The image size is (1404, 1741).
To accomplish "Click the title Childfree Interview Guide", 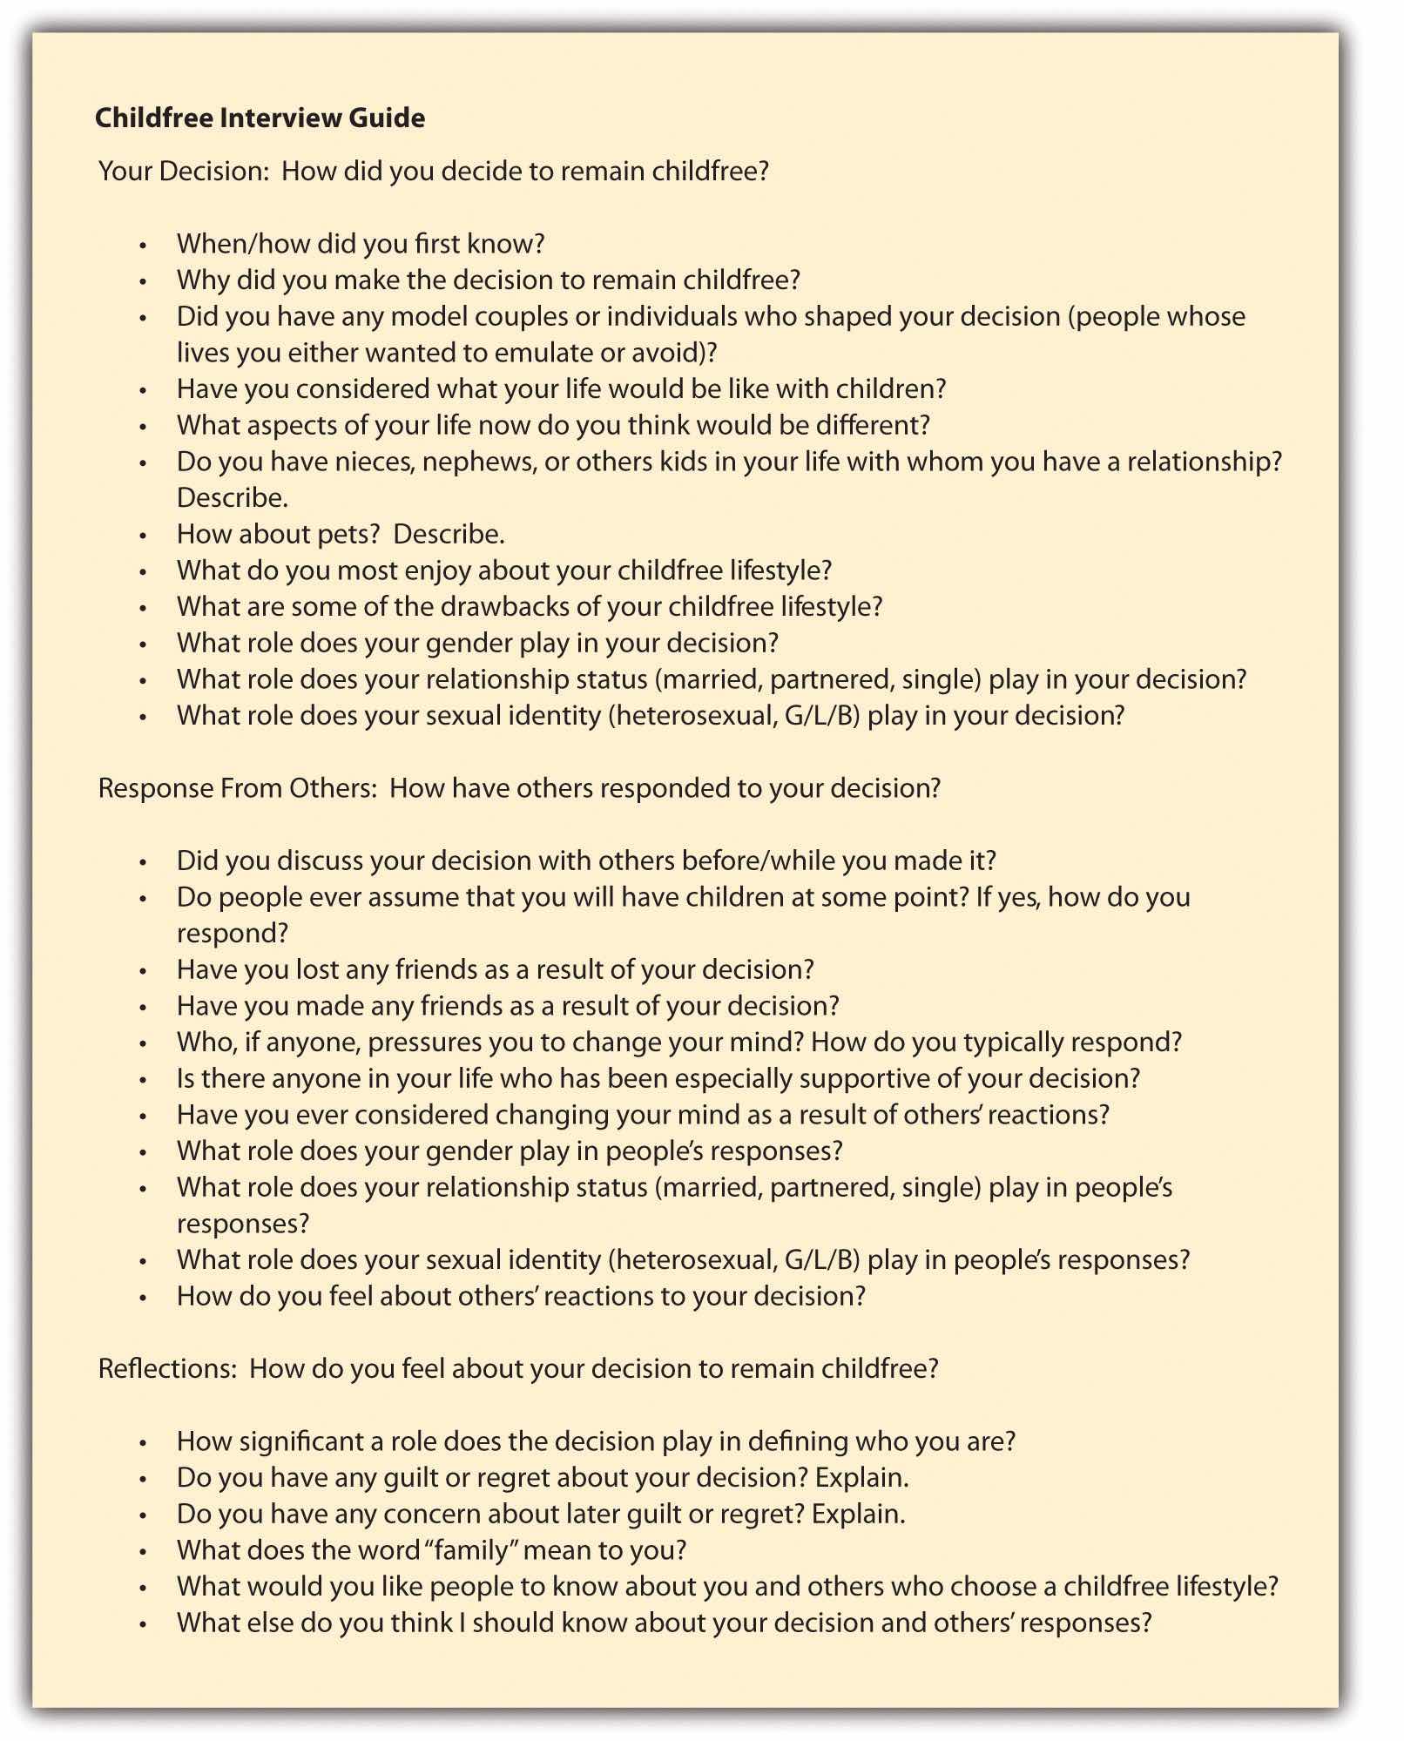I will coord(260,118).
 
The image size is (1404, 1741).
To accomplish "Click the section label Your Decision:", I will coord(184,171).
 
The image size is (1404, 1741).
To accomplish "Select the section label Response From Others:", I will coord(236,788).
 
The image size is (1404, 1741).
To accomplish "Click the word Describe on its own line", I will coord(232,497).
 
